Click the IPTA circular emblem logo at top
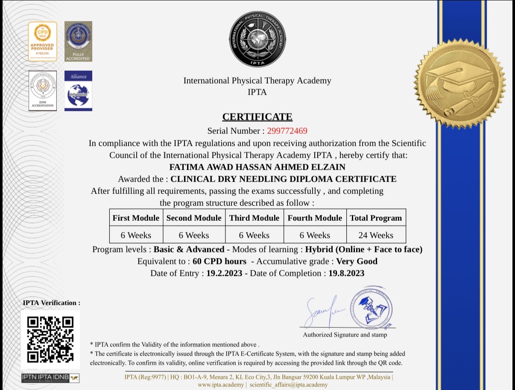257,39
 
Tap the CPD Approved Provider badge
42,41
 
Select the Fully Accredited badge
78,41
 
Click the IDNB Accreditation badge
42,91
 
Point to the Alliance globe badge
78,91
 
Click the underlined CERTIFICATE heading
257,117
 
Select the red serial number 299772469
287,131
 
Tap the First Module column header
136,218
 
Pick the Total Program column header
376,218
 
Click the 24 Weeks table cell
376,235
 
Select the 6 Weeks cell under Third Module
254,235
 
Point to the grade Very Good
357,261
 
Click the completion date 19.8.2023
346,273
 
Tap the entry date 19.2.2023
224,273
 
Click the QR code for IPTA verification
50,339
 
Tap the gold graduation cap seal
459,83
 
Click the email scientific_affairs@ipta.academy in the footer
288,384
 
